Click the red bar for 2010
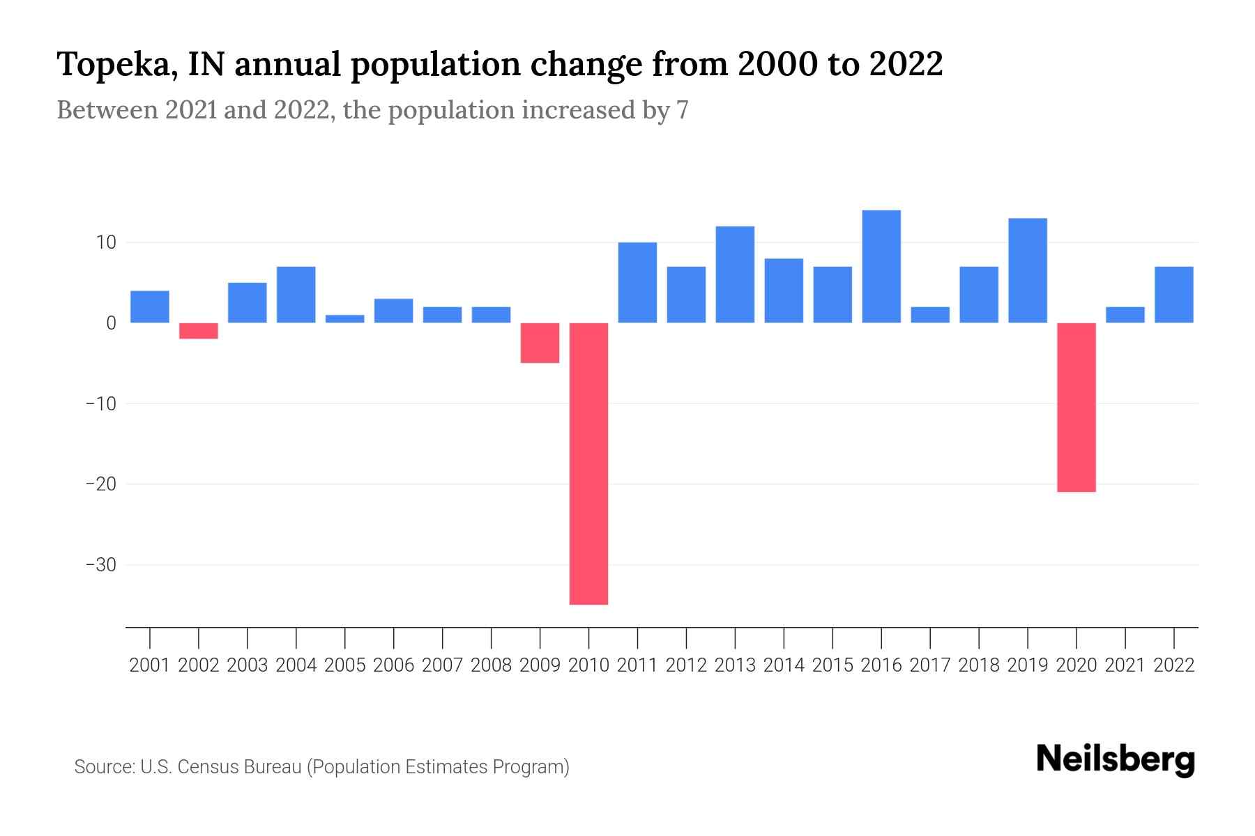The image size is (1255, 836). pyautogui.click(x=588, y=463)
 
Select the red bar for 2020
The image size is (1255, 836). pyautogui.click(x=1076, y=408)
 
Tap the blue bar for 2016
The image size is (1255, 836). pyautogui.click(x=881, y=266)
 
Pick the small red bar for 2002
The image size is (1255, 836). pyautogui.click(x=199, y=331)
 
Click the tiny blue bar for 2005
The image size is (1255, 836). pyautogui.click(x=344, y=319)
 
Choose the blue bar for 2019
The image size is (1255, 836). pyautogui.click(x=1027, y=270)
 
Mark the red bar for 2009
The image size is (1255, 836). pyautogui.click(x=540, y=343)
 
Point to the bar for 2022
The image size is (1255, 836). pyautogui.click(x=1173, y=295)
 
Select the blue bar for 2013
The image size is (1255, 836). pyautogui.click(x=735, y=274)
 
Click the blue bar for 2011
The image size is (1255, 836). pyautogui.click(x=637, y=282)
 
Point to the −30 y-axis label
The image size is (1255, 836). pyautogui.click(x=100, y=564)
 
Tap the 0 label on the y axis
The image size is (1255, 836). pyautogui.click(x=110, y=323)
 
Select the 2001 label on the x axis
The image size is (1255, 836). pyautogui.click(x=150, y=665)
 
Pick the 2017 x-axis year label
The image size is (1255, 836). pyautogui.click(x=930, y=665)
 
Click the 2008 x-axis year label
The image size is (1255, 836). pyautogui.click(x=491, y=665)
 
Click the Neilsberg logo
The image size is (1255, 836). pyautogui.click(x=1116, y=760)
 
